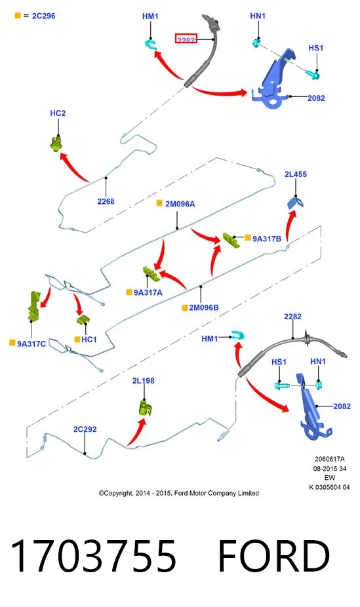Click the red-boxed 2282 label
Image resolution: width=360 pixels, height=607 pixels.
pos(186,39)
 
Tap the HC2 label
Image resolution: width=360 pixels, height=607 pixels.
pos(58,113)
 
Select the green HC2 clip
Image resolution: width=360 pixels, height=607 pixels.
pos(57,144)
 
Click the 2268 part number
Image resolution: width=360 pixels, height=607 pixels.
pos(106,201)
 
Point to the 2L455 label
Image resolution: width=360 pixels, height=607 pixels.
pos(295,174)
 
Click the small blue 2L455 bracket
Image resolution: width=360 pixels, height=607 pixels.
pos(295,203)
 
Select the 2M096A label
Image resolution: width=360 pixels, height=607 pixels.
pos(180,204)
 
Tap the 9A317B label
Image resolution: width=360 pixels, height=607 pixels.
pos(267,239)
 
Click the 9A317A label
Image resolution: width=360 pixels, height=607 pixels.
pos(148,292)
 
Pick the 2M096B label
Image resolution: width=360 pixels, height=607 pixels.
pos(204,307)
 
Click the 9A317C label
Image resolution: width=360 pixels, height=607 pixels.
pos(31,343)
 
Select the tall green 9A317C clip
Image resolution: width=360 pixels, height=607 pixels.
pos(34,306)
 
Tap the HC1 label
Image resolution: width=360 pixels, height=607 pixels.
pos(89,340)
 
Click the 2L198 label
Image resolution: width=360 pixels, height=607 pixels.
pos(143,381)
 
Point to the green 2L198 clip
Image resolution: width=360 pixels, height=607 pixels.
pos(145,408)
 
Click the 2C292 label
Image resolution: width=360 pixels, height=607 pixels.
pos(85,429)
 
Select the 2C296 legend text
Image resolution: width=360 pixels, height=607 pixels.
pos(44,16)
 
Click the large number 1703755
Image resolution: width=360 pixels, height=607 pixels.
pos(93,557)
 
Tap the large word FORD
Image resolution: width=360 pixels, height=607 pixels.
pos(274,557)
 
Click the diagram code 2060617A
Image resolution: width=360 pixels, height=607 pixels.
pos(329,459)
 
